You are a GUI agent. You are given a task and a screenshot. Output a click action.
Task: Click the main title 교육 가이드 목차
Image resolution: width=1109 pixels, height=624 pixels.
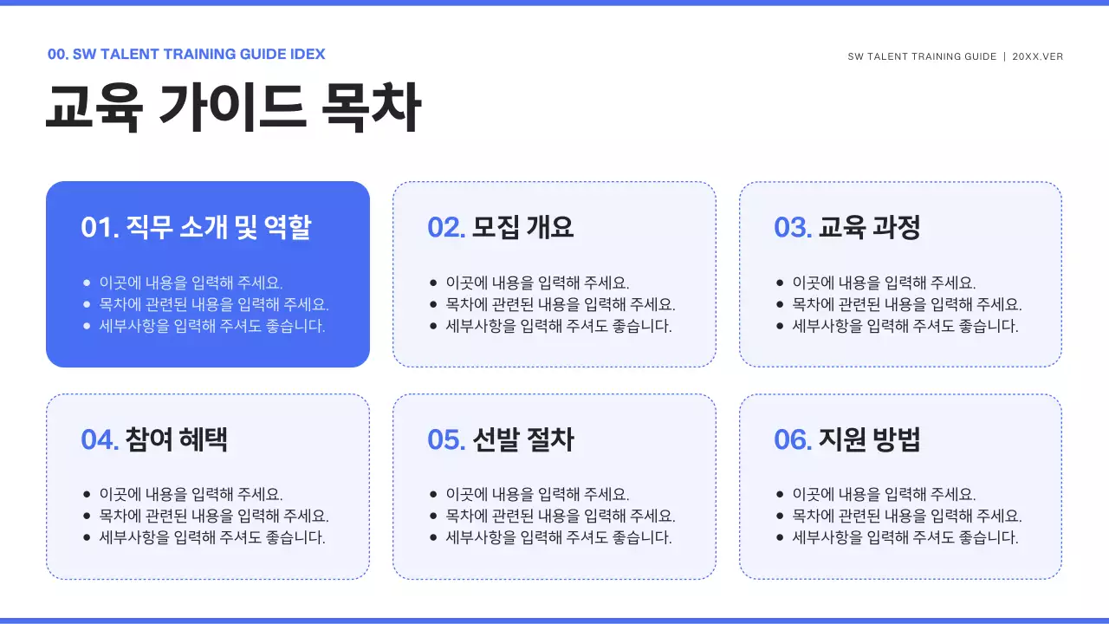[233, 108]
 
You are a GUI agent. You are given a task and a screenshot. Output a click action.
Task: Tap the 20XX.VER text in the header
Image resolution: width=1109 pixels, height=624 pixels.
[1038, 56]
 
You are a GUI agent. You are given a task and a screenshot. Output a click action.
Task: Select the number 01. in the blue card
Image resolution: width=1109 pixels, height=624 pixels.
[100, 227]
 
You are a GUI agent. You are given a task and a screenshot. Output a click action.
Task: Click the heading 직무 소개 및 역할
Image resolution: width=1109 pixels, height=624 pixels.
[218, 227]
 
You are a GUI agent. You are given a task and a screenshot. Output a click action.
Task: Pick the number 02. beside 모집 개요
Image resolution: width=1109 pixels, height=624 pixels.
[446, 227]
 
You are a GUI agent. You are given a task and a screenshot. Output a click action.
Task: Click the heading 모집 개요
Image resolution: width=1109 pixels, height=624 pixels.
[523, 227]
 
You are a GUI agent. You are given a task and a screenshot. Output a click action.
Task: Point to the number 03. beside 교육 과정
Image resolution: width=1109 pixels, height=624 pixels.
[793, 227]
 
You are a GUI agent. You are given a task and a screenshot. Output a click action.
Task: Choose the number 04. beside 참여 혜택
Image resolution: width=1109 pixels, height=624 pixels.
[100, 439]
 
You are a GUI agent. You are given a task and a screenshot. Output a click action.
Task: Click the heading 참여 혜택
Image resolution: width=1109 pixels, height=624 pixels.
[177, 439]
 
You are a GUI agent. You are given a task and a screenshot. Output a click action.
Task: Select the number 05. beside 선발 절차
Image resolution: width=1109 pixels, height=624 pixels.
[446, 439]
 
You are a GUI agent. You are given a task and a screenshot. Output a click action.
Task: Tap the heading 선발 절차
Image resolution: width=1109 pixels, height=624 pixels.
[523, 439]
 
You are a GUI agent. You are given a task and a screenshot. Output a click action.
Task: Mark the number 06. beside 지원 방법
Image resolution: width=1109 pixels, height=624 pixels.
[793, 439]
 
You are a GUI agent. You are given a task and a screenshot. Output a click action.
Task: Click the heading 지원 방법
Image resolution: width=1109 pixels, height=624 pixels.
[870, 439]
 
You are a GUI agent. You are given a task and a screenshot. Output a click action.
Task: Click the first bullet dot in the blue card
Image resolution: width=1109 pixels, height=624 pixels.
[87, 283]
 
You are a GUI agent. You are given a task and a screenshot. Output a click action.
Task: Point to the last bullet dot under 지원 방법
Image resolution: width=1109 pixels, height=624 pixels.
[780, 537]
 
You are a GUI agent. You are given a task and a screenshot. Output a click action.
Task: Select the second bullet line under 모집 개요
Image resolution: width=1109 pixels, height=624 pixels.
[561, 304]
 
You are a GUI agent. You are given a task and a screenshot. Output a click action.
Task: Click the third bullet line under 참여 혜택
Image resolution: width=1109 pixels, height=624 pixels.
[212, 537]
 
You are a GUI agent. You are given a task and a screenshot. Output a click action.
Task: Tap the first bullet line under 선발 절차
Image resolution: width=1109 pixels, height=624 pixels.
[537, 494]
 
